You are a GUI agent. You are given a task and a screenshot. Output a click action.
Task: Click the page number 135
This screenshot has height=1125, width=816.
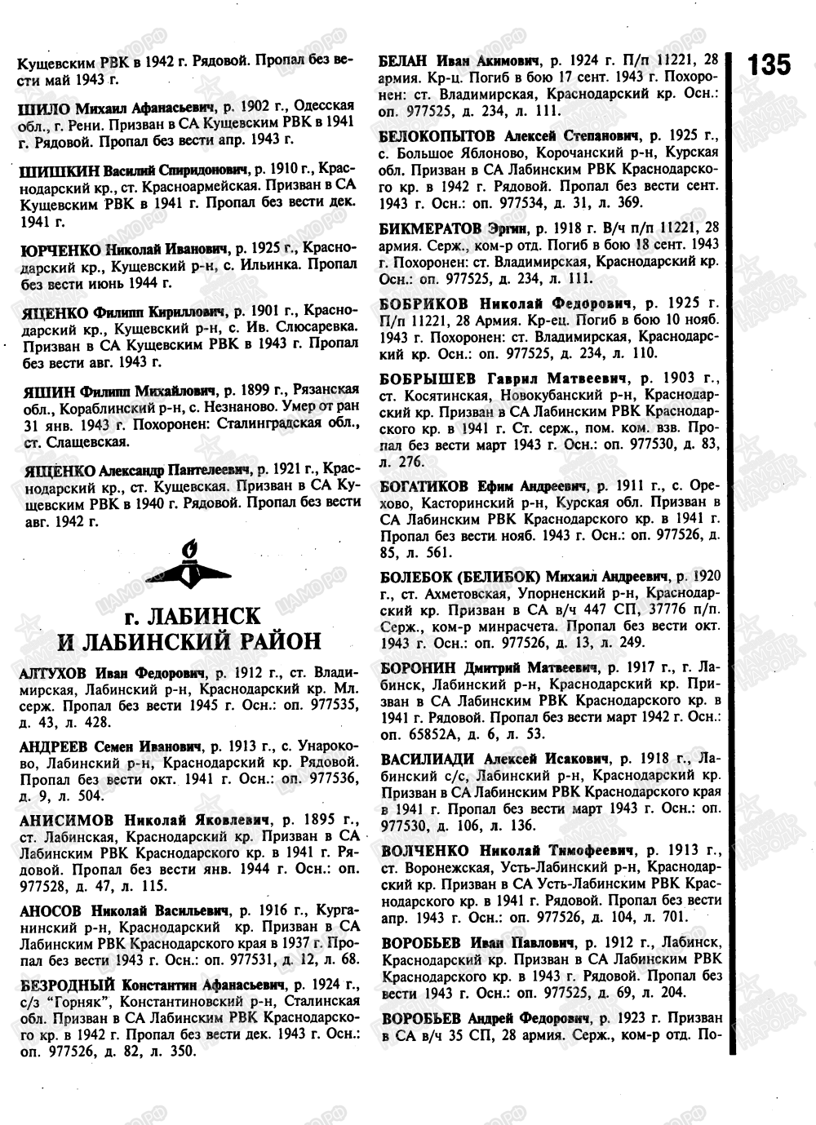[x=769, y=64]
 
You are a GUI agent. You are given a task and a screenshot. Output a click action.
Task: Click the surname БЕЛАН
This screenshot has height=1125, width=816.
[x=404, y=60]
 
